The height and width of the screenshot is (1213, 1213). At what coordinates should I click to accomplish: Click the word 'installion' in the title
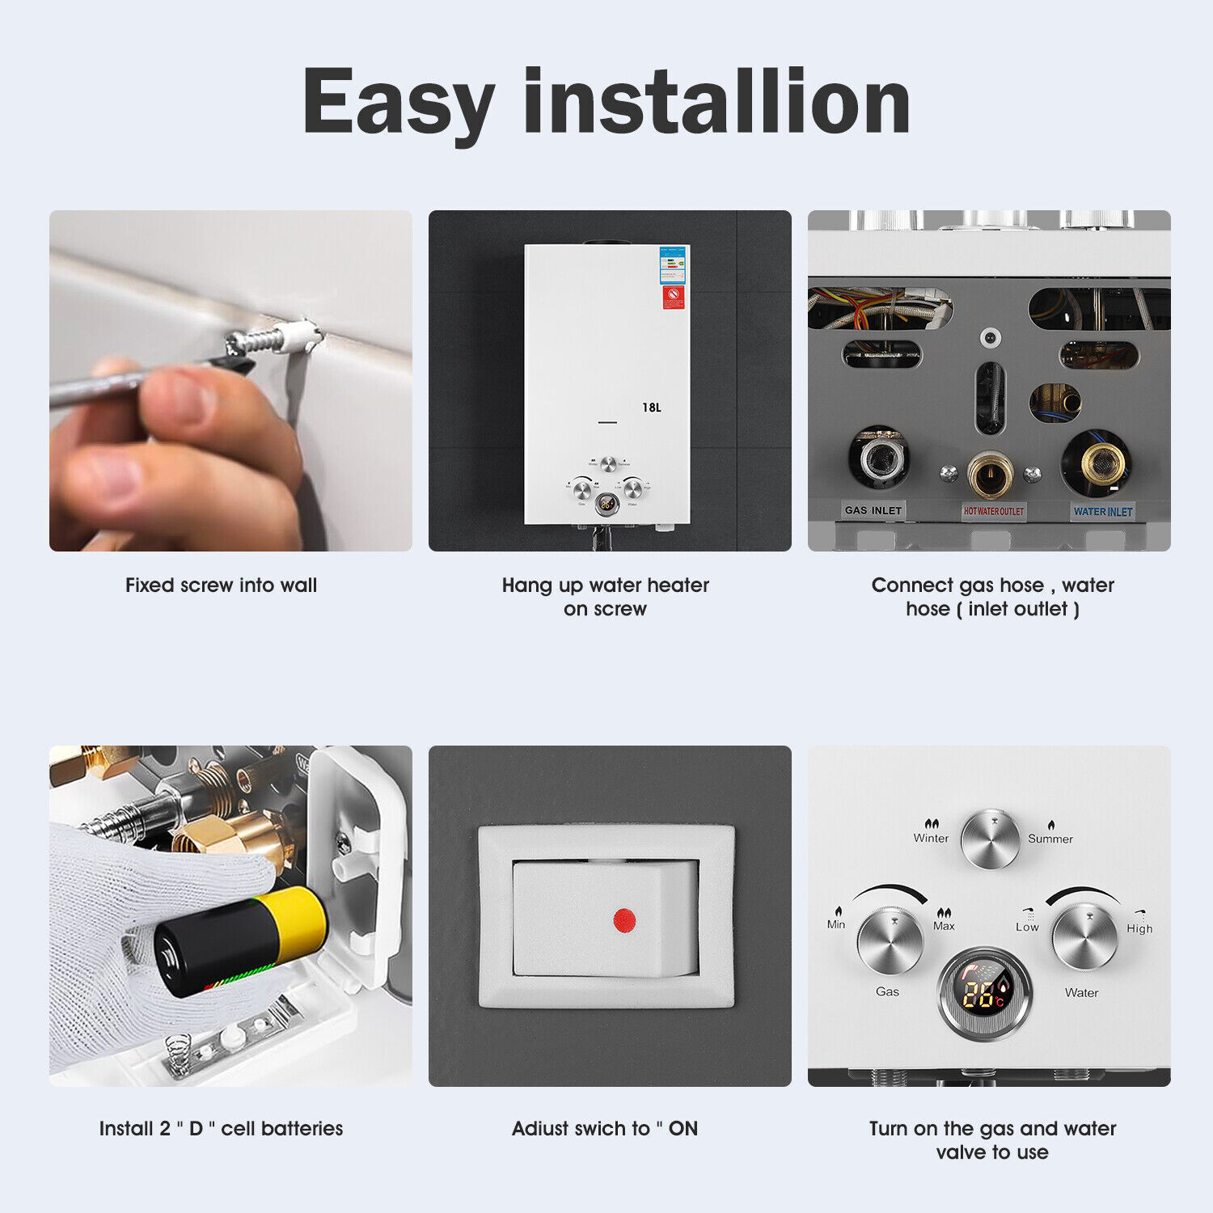(x=717, y=103)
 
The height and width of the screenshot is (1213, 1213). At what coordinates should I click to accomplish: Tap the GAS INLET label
(x=873, y=510)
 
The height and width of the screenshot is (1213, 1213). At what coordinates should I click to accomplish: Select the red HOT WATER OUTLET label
(x=993, y=511)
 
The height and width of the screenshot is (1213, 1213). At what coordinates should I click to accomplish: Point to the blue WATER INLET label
(x=1103, y=511)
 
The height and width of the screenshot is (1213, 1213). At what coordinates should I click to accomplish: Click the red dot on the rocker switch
(x=624, y=920)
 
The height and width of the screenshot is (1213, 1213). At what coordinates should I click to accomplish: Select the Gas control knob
(x=890, y=941)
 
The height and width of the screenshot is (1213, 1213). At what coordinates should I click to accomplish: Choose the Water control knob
(x=1084, y=938)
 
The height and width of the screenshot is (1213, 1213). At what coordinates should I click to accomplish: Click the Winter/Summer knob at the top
(x=991, y=839)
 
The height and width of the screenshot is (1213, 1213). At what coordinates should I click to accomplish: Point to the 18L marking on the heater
(x=651, y=408)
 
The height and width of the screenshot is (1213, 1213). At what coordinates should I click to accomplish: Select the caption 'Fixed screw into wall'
(x=221, y=585)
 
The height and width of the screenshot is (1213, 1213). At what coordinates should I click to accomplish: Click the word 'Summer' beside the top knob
(x=1050, y=839)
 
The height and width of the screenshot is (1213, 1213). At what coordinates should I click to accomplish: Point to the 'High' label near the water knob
(x=1139, y=928)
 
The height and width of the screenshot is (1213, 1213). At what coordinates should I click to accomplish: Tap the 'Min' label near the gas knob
(x=836, y=924)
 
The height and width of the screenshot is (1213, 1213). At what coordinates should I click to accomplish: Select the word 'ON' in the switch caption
(x=683, y=1129)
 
